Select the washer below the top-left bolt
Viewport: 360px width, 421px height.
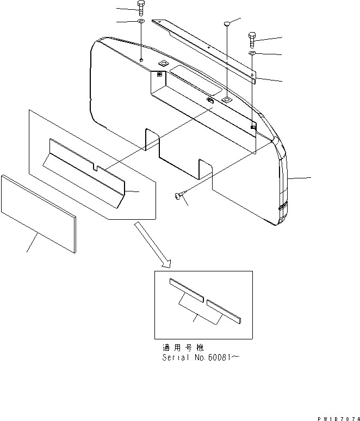(x=141, y=22)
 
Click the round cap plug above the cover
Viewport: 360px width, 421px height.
(x=227, y=23)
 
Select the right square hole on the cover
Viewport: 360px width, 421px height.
(x=226, y=101)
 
